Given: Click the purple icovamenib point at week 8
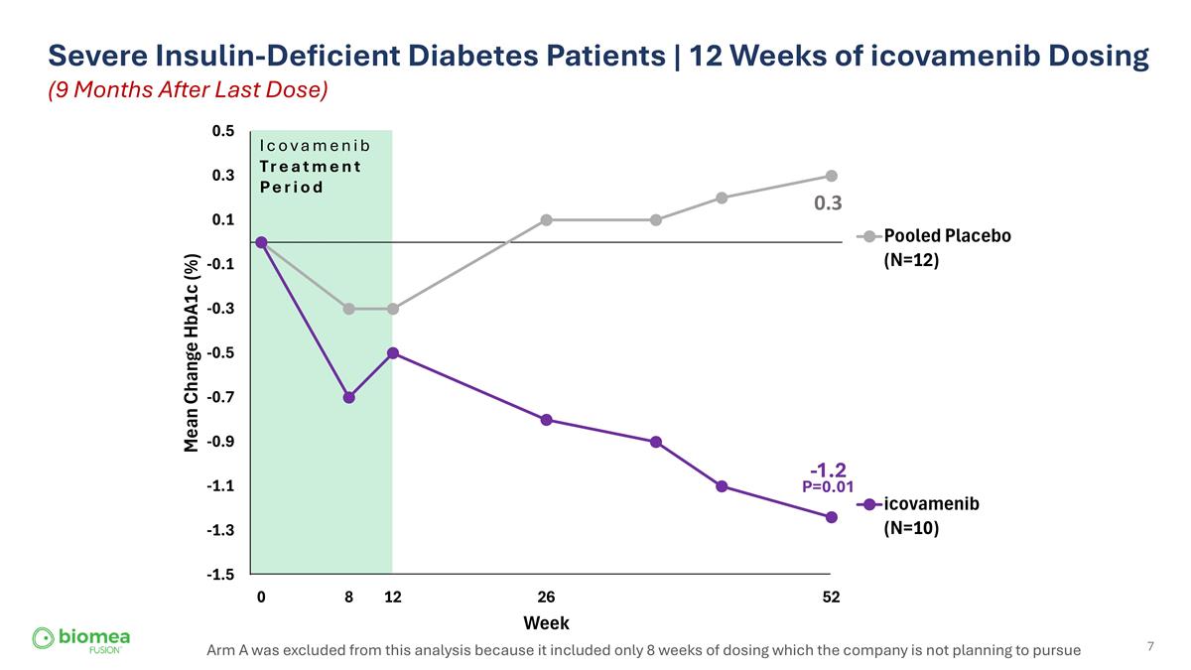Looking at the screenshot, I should pos(348,397).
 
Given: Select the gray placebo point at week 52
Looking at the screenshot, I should pos(832,176).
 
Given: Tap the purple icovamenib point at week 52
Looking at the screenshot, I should pos(832,517).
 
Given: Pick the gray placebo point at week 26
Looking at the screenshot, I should pos(546,219).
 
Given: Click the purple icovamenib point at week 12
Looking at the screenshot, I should pos(393,353).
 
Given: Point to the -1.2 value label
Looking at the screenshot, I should pos(827,469).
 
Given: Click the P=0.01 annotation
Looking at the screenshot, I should pos(828,486).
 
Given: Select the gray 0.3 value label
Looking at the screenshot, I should pos(828,203).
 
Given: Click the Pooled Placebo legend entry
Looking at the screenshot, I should pos(946,236).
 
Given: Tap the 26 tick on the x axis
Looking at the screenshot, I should pos(546,598).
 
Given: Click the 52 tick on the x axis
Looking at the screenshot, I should pos(832,598).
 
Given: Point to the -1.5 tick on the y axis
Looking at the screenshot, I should pos(222,575).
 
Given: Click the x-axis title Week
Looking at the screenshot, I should pos(546,623).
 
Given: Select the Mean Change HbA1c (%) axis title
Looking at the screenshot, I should pos(193,352).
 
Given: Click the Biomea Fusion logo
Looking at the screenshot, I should pos(81,639).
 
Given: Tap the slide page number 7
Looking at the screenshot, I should pos(1150,647).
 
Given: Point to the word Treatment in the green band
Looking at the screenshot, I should pos(311,167).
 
